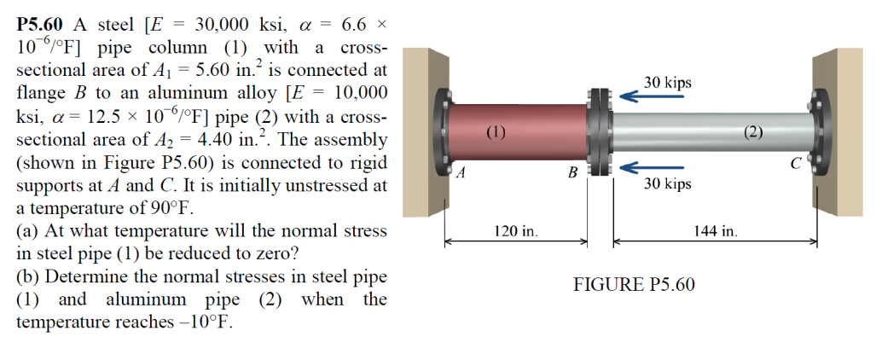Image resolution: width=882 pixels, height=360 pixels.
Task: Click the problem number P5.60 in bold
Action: point(40,25)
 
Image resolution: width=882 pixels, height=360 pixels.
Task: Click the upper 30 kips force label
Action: point(668,83)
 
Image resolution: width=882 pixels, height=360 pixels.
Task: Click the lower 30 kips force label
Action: point(668,184)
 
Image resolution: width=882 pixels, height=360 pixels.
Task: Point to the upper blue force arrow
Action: point(652,96)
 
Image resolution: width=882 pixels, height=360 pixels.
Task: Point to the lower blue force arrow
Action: point(652,167)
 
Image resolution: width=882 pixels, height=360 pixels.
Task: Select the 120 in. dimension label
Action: point(516,230)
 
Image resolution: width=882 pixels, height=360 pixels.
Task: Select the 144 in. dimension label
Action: point(716,230)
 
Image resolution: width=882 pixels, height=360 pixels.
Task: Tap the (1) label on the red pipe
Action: point(496,133)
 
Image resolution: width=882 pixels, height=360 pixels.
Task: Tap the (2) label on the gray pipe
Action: point(753,133)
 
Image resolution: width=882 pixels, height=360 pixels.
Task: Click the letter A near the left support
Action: point(461,173)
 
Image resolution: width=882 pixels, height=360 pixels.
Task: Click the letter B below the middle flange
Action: point(572,173)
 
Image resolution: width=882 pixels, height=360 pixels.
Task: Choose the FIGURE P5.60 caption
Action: point(634,285)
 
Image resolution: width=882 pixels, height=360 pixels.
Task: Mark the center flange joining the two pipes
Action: point(599,132)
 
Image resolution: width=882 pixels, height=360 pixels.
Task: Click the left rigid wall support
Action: point(426,132)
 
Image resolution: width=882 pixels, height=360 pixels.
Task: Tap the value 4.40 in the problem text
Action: point(212,140)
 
